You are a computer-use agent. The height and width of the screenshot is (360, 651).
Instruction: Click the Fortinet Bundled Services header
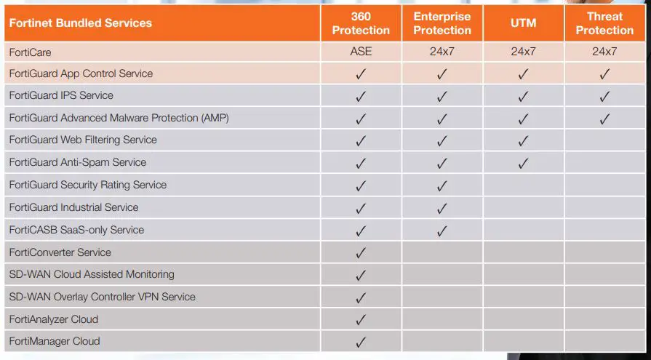(81, 23)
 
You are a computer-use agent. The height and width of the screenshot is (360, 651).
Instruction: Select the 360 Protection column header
(361, 23)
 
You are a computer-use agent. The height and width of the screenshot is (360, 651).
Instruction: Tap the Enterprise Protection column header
(442, 23)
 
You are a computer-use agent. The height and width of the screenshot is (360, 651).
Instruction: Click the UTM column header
(523, 23)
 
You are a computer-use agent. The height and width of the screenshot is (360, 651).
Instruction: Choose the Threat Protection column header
(604, 23)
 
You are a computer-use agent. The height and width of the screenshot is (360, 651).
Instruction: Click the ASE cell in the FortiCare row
(361, 52)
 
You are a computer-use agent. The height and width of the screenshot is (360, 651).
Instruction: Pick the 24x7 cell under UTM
(523, 52)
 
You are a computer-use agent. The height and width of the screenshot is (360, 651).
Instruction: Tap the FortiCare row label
(31, 52)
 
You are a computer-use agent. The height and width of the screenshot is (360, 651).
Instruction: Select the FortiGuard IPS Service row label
(61, 95)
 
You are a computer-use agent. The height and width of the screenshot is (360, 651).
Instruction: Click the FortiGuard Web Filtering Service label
(83, 140)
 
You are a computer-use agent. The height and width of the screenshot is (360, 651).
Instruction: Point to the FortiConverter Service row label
(60, 252)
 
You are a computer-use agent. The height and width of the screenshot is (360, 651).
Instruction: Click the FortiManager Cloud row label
(55, 341)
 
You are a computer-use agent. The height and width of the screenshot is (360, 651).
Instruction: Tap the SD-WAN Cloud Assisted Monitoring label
(92, 274)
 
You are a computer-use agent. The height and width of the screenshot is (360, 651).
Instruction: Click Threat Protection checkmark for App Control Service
(604, 74)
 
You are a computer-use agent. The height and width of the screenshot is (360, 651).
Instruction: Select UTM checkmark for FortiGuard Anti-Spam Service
(523, 164)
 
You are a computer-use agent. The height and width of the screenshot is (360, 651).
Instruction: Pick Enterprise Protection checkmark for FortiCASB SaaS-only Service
(442, 231)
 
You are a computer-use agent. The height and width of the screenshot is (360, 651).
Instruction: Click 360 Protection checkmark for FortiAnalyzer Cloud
(361, 320)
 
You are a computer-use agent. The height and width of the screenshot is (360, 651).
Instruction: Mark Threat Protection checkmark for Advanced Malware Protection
(604, 119)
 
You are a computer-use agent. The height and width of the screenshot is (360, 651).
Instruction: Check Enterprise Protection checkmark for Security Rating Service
(442, 186)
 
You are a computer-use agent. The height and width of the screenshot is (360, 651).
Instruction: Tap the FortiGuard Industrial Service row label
(73, 207)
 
